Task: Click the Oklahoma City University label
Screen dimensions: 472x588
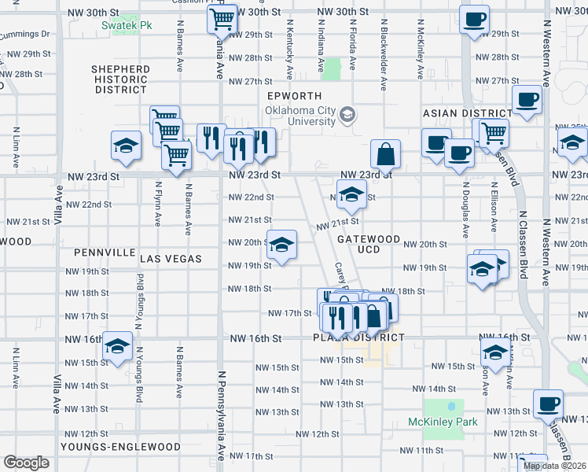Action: tap(300, 115)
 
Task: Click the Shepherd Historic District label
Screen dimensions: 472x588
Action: tap(120, 79)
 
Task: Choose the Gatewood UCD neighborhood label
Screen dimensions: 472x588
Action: tap(369, 244)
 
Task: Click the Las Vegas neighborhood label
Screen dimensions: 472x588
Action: tap(171, 259)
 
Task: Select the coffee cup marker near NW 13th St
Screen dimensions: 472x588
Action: tap(547, 404)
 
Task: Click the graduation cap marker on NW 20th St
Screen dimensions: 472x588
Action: tap(281, 245)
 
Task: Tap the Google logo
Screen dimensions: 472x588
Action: tap(27, 463)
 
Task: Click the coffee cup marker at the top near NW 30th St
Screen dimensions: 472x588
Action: tap(473, 19)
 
